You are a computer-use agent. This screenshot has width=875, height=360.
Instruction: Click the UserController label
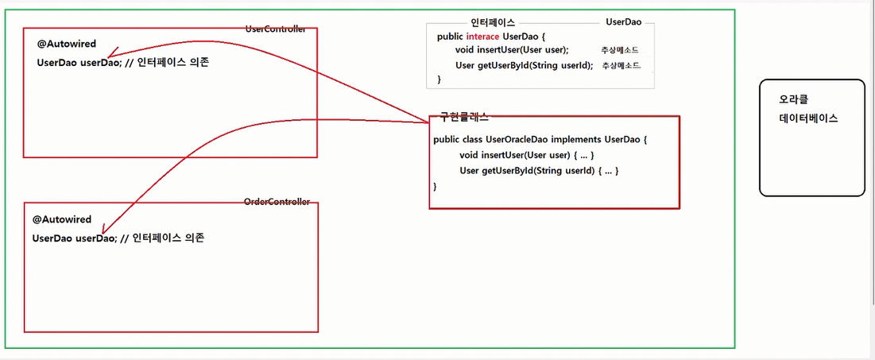point(276,29)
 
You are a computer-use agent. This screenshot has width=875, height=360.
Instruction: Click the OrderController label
point(277,202)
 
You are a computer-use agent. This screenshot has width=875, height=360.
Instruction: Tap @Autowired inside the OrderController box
point(62,219)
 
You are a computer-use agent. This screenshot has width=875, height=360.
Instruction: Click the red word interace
point(482,37)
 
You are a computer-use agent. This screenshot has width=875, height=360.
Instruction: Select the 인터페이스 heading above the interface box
point(493,23)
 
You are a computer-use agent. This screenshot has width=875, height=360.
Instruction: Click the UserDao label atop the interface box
point(623,23)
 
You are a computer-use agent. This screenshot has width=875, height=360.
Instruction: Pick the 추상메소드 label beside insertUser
point(620,50)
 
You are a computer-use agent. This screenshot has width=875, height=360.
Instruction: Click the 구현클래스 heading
point(464,116)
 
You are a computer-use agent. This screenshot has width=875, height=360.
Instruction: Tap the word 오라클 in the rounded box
point(794,99)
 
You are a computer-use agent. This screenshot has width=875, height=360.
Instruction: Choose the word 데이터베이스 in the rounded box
point(809,118)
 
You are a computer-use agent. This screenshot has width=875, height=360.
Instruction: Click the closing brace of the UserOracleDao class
point(436,186)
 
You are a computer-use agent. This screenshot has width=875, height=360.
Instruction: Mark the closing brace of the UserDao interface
point(439,79)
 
